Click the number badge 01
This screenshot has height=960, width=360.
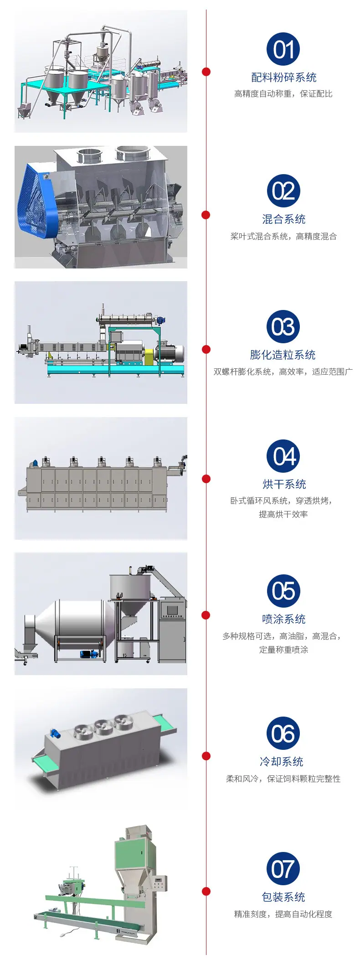[x=283, y=49]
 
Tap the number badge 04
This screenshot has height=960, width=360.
[x=283, y=456]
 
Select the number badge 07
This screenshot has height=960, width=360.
[x=283, y=869]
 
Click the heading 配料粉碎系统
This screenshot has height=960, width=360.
[x=283, y=77]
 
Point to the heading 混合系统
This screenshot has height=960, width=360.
[x=283, y=219]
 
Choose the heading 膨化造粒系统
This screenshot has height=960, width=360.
[x=283, y=355]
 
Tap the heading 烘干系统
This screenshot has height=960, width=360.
[x=283, y=484]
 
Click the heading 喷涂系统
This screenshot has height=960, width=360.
[x=283, y=619]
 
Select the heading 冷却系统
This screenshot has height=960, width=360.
[x=282, y=762]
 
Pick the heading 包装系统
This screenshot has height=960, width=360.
[x=283, y=897]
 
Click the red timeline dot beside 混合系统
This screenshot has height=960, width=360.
[x=206, y=215]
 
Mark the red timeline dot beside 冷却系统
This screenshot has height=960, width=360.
[x=206, y=756]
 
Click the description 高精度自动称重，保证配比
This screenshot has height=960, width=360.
[x=283, y=94]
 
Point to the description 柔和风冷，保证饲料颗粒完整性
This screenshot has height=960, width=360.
[x=283, y=779]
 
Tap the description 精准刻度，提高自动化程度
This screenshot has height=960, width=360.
[x=283, y=914]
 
